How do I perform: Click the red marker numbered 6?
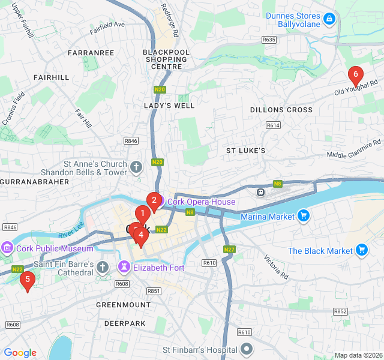pyautogui.click(x=355, y=76)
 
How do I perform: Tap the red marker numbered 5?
pyautogui.click(x=27, y=279)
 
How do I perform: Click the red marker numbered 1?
pyautogui.click(x=142, y=213)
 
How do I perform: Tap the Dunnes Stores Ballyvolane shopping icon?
pyautogui.click(x=329, y=19)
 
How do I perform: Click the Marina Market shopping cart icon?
pyautogui.click(x=304, y=216)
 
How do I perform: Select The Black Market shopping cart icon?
pyautogui.click(x=361, y=250)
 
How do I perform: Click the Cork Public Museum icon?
pyautogui.click(x=7, y=248)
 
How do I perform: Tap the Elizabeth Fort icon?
pyautogui.click(x=125, y=267)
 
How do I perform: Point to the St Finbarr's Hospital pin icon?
pyautogui.click(x=247, y=349)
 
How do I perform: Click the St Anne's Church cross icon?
pyautogui.click(x=136, y=167)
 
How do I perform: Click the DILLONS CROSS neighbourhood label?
pyautogui.click(x=281, y=110)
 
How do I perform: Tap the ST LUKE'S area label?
pyautogui.click(x=245, y=150)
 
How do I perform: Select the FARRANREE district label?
pyautogui.click(x=91, y=53)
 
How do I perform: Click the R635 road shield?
pyautogui.click(x=269, y=40)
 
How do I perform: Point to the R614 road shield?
pyautogui.click(x=273, y=125)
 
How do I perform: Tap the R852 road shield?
pyautogui.click(x=340, y=311)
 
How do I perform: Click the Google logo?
pyautogui.click(x=20, y=353)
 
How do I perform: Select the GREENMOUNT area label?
pyautogui.click(x=123, y=305)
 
